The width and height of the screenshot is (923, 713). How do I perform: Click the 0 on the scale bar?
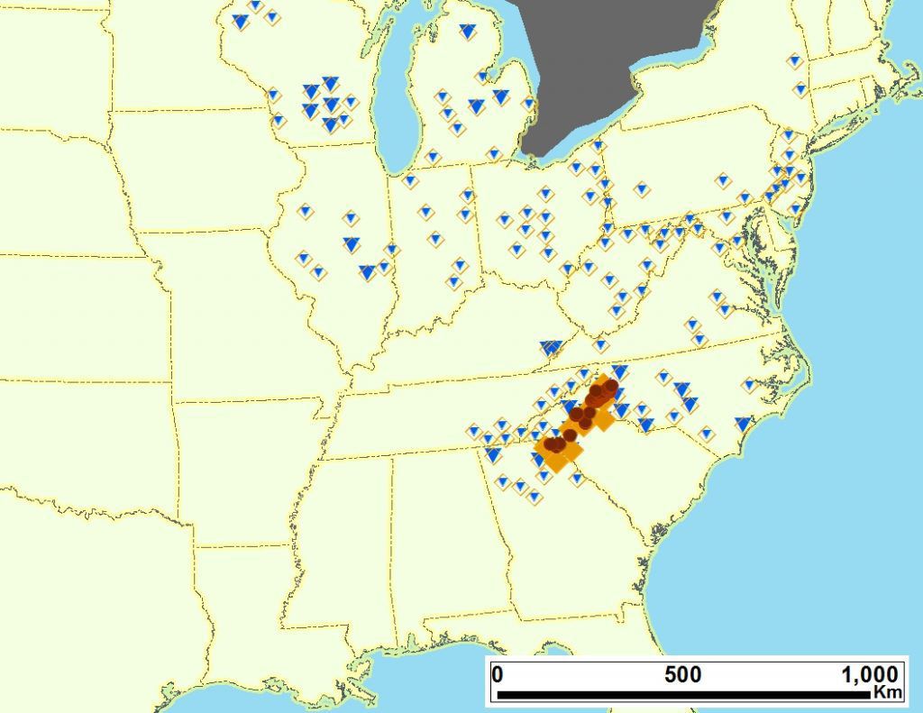point(498,674)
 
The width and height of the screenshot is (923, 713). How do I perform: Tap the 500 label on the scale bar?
point(682,674)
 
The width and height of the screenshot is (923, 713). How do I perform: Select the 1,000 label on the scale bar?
point(869,674)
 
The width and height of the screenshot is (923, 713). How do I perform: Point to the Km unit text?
point(887,692)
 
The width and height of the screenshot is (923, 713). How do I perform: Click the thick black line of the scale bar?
point(685,695)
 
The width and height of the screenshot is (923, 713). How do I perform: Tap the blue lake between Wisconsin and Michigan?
point(397,108)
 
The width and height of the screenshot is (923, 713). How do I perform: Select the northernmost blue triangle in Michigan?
point(467,32)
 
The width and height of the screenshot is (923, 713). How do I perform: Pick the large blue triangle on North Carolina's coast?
point(743,423)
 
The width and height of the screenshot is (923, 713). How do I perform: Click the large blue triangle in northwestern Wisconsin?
point(240,21)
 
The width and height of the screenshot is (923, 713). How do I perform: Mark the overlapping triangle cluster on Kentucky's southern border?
point(550,347)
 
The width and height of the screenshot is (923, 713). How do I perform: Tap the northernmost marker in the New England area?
point(794,61)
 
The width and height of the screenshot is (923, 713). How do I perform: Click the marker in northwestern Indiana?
point(411,180)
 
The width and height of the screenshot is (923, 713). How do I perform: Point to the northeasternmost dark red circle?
point(611,386)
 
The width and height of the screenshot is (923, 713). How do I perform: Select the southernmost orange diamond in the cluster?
point(556,462)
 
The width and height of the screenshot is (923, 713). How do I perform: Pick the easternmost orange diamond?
point(603,419)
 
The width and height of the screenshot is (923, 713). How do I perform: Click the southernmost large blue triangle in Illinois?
point(367,271)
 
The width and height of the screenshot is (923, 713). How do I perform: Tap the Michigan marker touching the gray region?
point(528,105)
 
